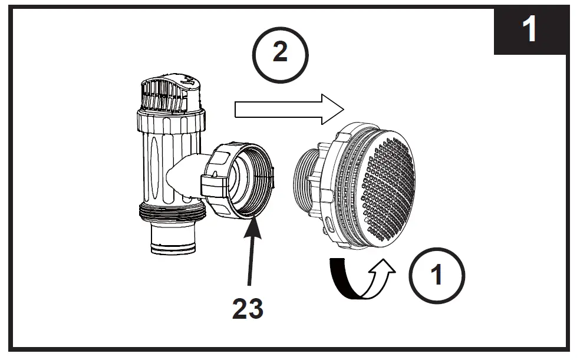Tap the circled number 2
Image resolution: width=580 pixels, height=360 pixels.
tap(280, 54)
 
